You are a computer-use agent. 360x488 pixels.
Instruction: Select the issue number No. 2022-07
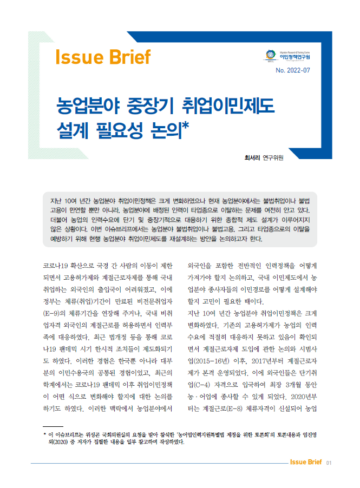(293, 70)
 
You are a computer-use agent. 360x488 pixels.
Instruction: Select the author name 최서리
(252, 158)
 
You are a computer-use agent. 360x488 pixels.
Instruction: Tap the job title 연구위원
(273, 158)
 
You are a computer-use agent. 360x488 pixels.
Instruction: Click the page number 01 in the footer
(329, 463)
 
